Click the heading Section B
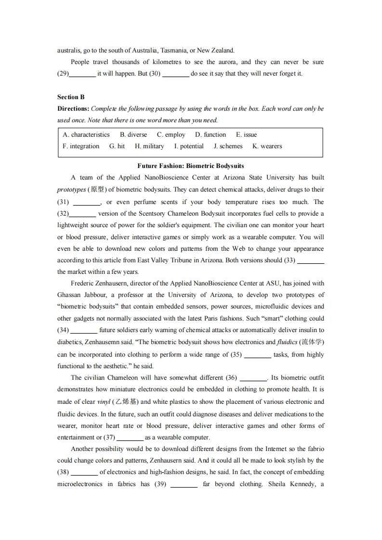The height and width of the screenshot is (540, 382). [71, 97]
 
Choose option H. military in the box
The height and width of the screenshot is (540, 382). [149, 146]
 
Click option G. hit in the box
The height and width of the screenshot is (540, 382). [117, 146]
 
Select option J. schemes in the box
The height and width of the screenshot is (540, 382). [228, 146]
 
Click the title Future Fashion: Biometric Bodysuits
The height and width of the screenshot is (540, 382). [191, 166]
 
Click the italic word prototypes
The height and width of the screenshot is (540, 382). [71, 190]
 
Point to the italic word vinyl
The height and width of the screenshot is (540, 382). [104, 402]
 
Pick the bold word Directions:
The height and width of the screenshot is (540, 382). [73, 109]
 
